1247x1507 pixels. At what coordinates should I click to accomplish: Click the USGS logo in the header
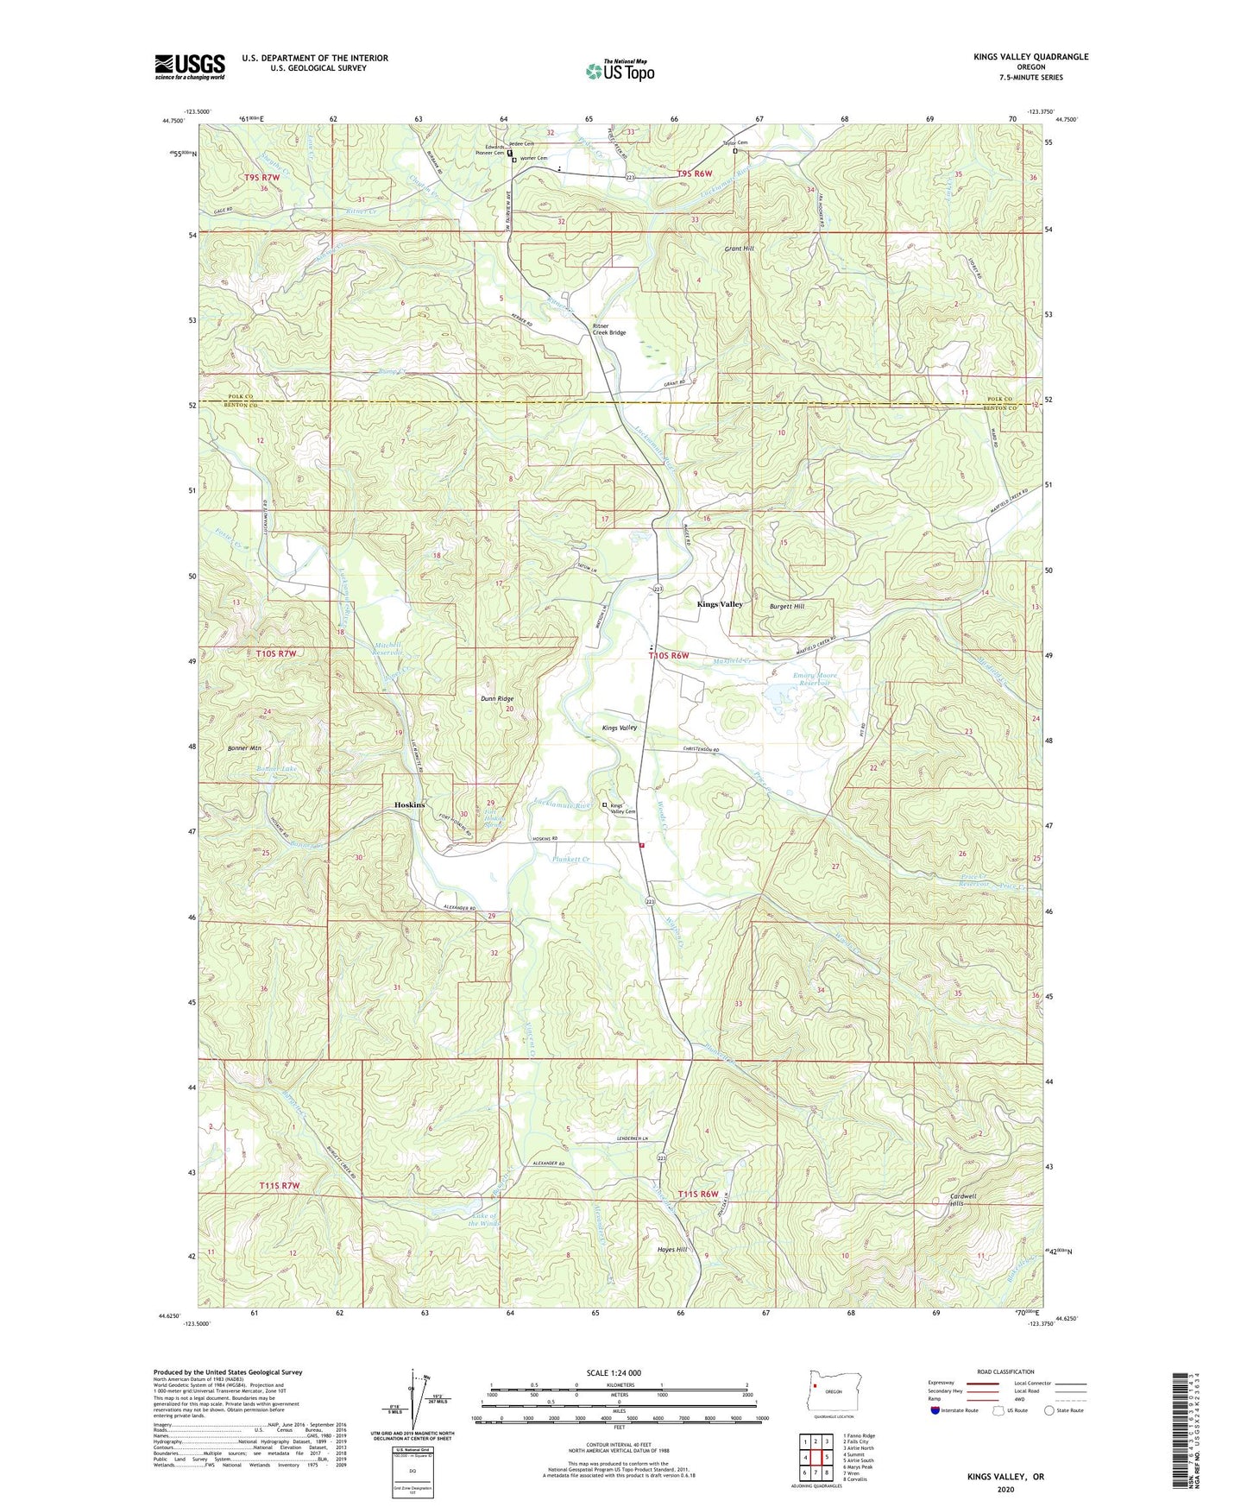coord(189,66)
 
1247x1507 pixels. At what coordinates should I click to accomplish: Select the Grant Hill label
coord(739,249)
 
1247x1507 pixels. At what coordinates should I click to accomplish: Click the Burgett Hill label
coord(786,607)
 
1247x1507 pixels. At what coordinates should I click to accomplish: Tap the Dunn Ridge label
coord(497,698)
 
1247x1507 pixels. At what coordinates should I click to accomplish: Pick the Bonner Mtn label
coord(244,748)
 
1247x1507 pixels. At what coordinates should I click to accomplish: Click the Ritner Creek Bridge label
coord(608,329)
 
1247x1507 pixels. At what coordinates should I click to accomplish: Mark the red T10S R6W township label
coord(669,656)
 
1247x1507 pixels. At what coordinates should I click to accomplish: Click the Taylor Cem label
coord(734,142)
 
